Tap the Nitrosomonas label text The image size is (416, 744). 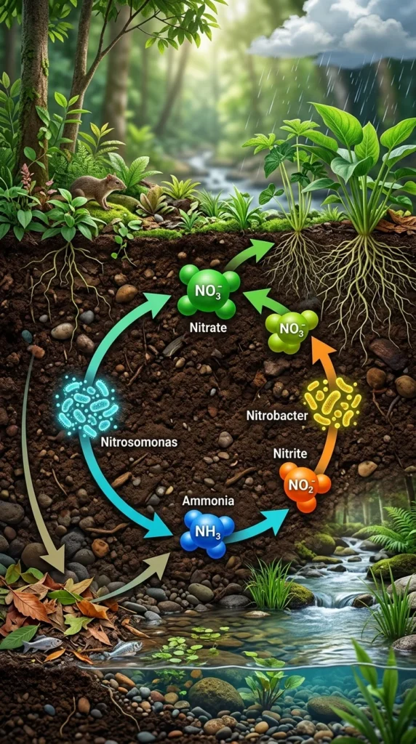pos(139,442)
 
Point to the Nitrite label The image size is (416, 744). pos(289,453)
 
